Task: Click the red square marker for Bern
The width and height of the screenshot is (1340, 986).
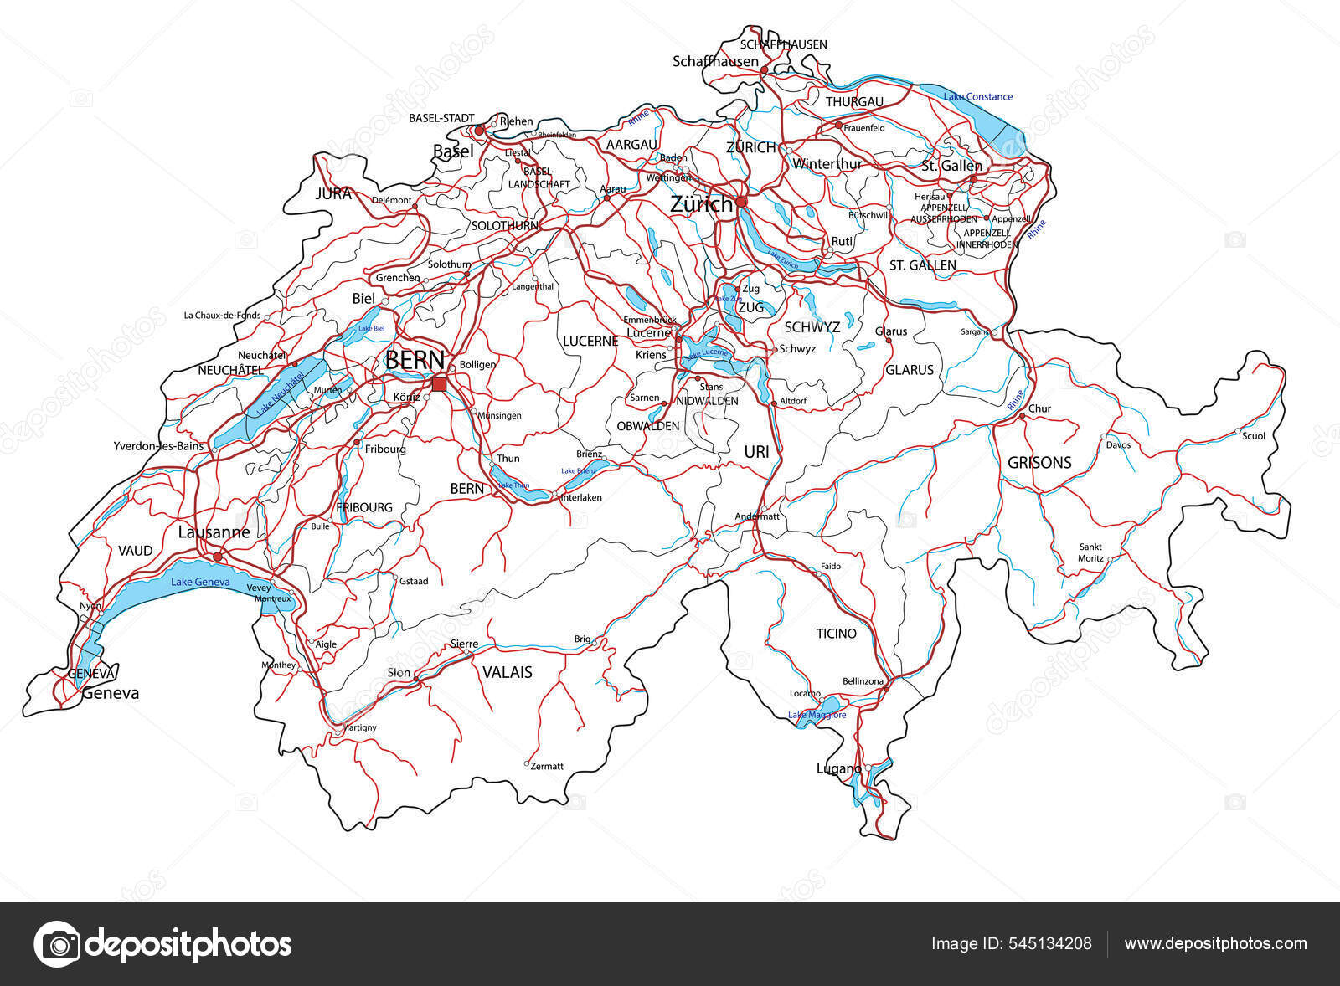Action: pos(439,384)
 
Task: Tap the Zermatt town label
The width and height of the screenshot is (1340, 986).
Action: pos(548,766)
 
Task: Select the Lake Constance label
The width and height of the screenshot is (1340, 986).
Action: pos(977,97)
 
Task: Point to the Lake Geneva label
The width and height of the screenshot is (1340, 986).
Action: pos(200,582)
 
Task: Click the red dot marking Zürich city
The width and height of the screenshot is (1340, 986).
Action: pos(740,202)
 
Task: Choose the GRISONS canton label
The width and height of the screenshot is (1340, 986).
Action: pos(1039,462)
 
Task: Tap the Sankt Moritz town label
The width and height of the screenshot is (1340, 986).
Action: pos(1090,552)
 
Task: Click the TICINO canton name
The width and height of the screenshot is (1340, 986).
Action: pos(837,634)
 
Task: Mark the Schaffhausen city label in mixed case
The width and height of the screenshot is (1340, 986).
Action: pos(715,61)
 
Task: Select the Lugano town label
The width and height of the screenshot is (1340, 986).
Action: pos(838,768)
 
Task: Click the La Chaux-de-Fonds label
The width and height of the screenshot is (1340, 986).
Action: pos(222,316)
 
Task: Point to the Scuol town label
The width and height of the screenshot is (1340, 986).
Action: pos(1254,436)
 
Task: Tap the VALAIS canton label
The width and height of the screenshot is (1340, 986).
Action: pos(507,672)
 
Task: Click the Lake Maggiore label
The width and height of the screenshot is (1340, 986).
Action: pos(817,715)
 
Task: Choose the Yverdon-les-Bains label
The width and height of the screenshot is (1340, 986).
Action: pos(158,446)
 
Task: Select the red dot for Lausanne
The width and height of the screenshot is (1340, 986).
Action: pos(217,556)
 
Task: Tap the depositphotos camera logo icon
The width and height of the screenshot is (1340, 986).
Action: pos(57,944)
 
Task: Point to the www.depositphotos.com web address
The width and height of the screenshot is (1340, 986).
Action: pos(1215,943)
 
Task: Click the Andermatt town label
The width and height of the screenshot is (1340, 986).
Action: pos(757,516)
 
